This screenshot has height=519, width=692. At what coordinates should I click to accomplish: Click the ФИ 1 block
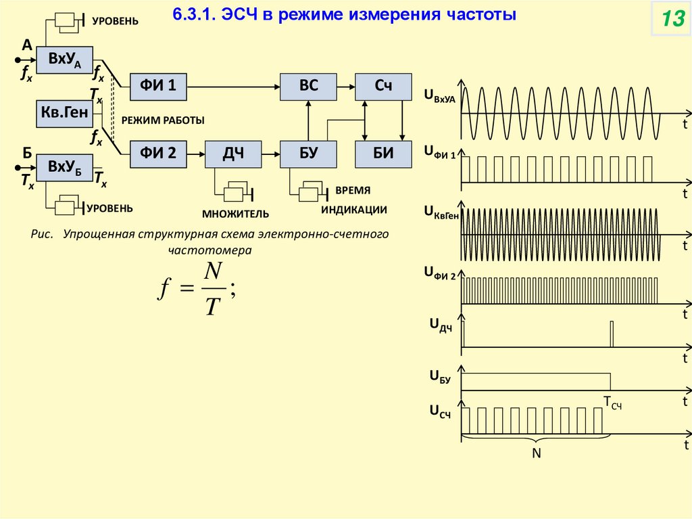[x=158, y=85]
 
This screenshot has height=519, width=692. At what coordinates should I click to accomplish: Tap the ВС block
[x=309, y=85]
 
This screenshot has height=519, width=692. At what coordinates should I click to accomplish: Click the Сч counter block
[x=384, y=85]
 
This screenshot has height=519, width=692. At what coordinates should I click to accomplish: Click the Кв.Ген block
[x=65, y=113]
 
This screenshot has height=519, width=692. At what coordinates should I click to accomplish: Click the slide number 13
[x=672, y=20]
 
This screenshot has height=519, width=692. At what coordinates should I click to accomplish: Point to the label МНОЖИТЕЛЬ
[x=236, y=215]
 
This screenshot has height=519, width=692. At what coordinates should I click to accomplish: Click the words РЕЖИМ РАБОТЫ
[x=163, y=120]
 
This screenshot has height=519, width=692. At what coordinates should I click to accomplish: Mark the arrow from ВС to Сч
[x=346, y=85]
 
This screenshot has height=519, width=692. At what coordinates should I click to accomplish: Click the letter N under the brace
[x=537, y=453]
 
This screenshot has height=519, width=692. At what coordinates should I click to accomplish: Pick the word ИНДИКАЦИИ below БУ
[x=354, y=210]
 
